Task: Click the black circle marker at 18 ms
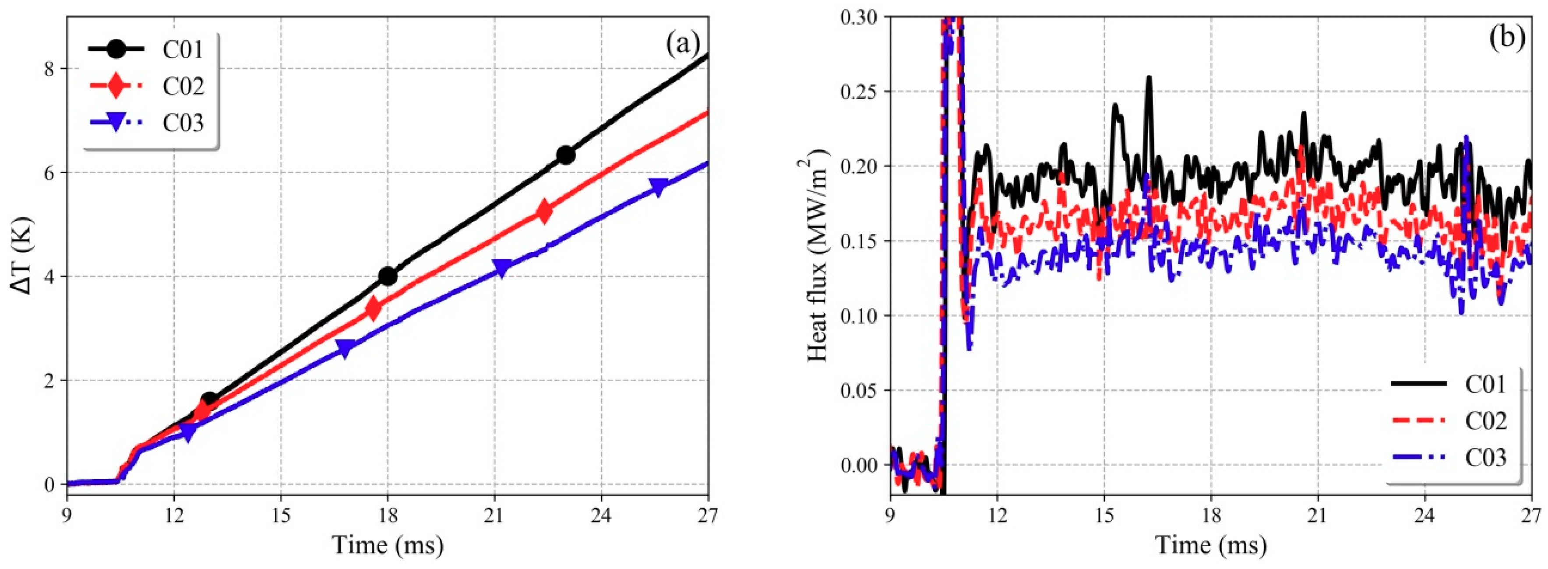tap(388, 276)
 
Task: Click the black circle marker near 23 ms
tap(565, 156)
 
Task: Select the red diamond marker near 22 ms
tap(544, 212)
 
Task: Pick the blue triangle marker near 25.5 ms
tap(659, 187)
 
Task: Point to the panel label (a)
tap(683, 43)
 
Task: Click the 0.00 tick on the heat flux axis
tap(859, 464)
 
